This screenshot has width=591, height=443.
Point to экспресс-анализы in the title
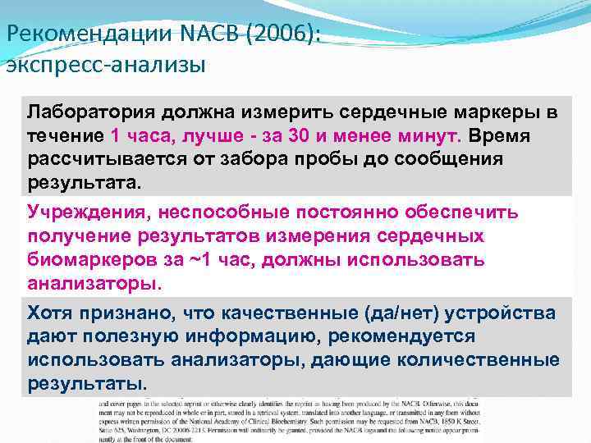pyautogui.click(x=105, y=65)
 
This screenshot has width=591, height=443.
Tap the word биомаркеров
pyautogui.click(x=91, y=259)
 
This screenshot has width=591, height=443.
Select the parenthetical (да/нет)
pyautogui.click(x=394, y=313)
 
